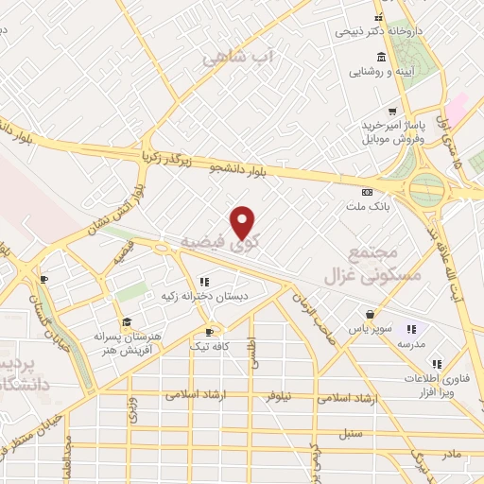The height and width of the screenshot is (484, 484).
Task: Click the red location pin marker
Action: coord(244,222)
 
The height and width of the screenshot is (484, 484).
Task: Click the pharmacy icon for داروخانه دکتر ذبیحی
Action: coord(380,19)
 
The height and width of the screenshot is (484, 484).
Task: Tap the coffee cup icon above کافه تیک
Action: coord(210,333)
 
